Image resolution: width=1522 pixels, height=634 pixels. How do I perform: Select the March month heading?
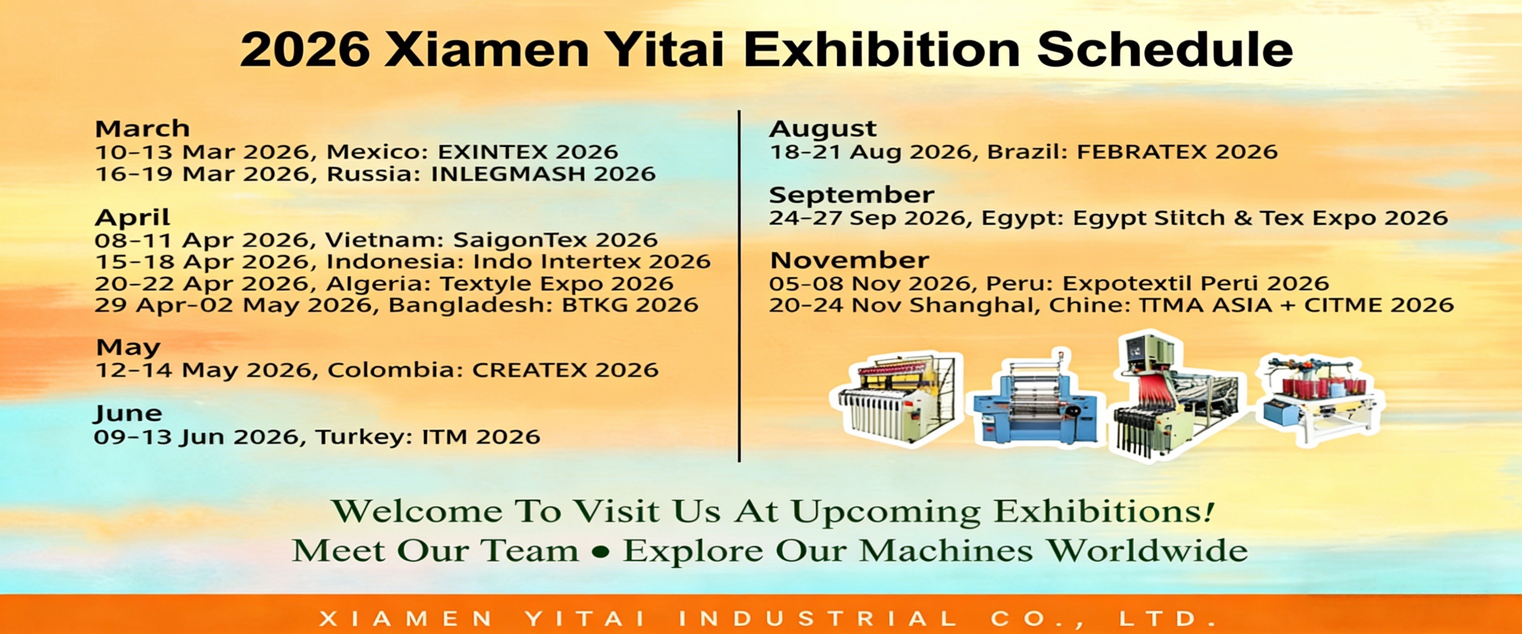tap(143, 128)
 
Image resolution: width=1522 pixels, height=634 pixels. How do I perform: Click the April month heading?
tap(132, 218)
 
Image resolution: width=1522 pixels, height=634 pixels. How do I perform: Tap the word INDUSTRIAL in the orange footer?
tap(818, 619)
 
